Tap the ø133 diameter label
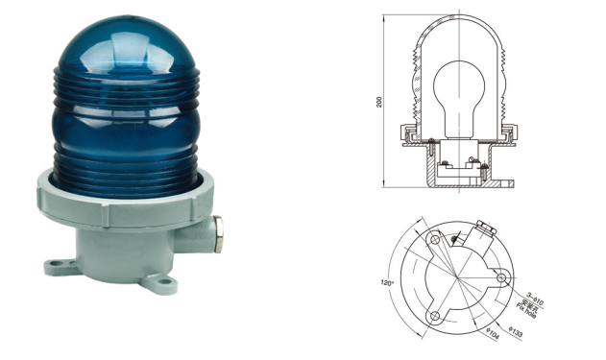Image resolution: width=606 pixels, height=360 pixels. [x=518, y=333]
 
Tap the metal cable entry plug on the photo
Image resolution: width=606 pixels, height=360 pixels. [x=221, y=229]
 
